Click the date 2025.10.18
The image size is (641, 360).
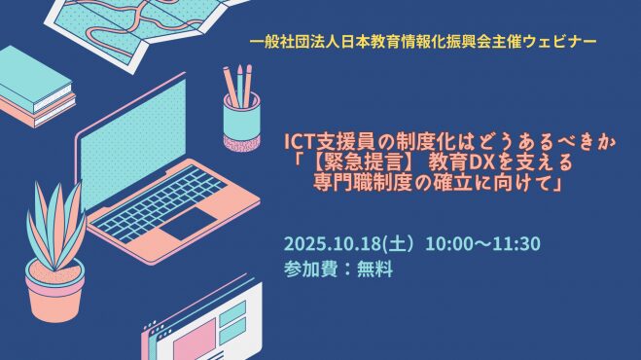point(333,244)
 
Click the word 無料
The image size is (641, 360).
point(374,270)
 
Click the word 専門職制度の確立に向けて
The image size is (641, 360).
point(431,183)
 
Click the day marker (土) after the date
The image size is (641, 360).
point(400,244)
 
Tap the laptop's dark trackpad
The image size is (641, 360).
point(189,224)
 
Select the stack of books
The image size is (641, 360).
point(36,88)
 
